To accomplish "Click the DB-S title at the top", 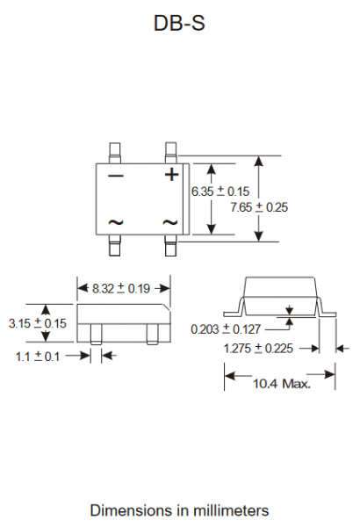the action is [179, 23].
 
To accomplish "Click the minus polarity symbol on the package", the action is [116, 176].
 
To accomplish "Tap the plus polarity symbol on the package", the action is [171, 175].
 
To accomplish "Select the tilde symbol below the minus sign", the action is [116, 222].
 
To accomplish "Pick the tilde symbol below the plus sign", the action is [169, 222].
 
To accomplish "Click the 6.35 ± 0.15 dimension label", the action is [220, 191].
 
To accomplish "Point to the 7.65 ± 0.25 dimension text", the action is [259, 207].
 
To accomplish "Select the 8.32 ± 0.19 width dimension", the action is [121, 288].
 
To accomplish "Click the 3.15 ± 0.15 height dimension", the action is [38, 323].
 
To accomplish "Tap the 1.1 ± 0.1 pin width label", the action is [38, 357].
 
